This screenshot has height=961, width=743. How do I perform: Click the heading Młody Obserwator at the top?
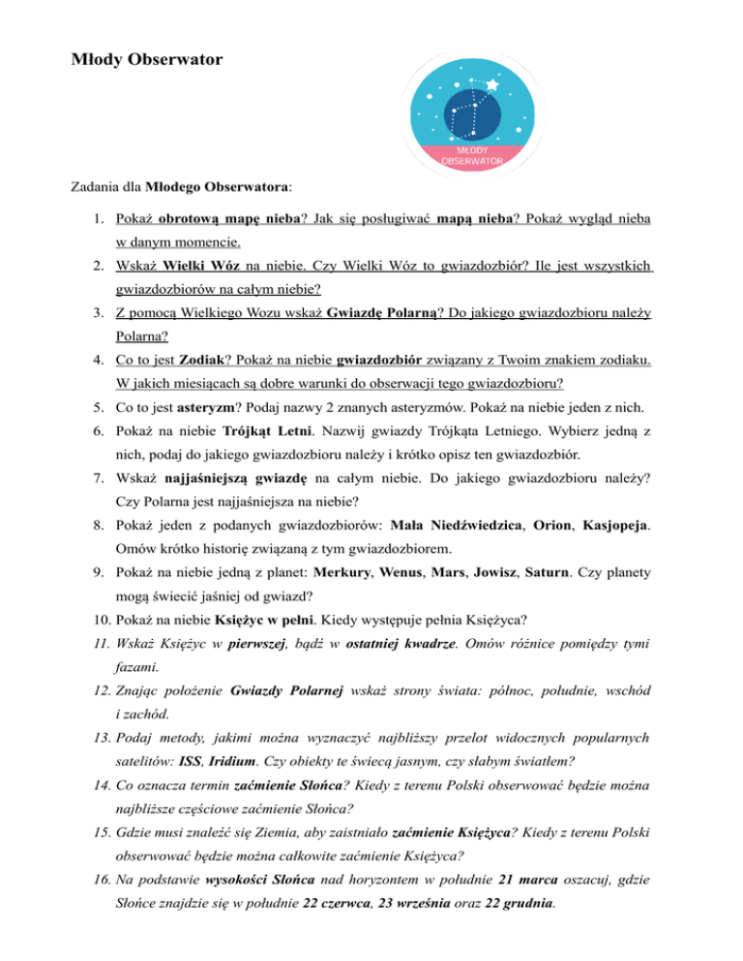(147, 61)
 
